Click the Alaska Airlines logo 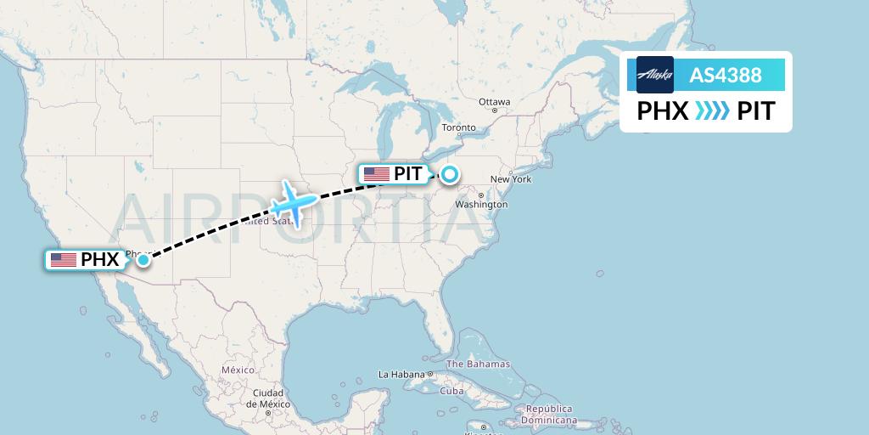coord(654,75)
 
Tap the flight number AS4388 coord(725,75)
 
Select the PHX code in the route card coord(662,111)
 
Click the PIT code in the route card coord(755,111)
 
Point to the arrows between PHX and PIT coord(711,111)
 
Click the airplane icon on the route coord(293,202)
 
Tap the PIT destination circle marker coord(448,175)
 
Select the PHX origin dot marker coord(143,260)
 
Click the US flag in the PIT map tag coord(376,175)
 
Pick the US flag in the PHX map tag coord(64,260)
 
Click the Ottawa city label coord(494,102)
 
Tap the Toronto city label coord(459,128)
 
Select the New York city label coord(510,179)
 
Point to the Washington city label coord(475,205)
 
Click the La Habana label coord(401,374)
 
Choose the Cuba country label coord(451,392)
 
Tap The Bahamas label coord(478,364)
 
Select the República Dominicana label coord(549,415)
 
